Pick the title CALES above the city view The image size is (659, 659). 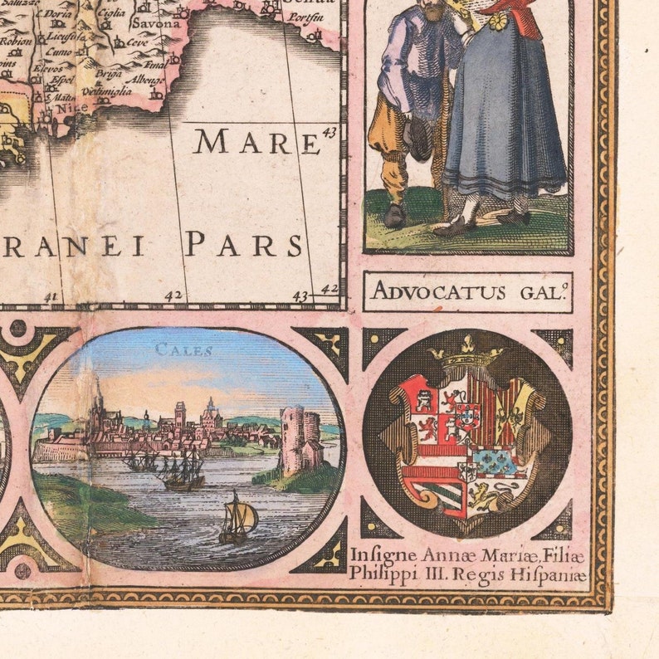183,350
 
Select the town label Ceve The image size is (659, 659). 136,41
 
